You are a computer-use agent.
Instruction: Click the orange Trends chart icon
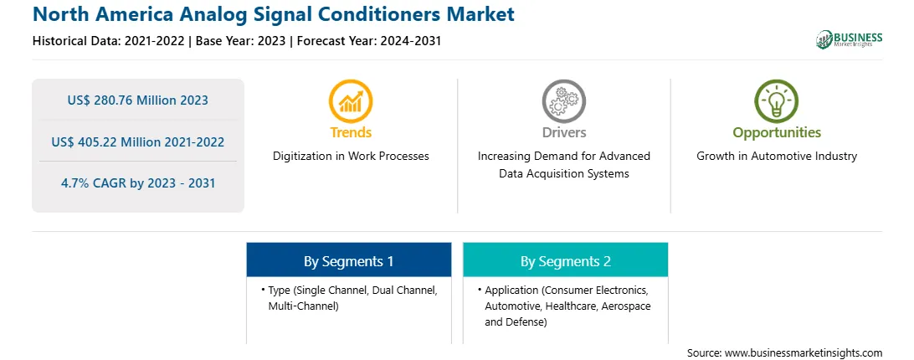coord(351,100)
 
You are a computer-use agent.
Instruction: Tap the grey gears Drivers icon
coord(563,100)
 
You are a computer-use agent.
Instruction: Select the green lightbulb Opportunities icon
coord(777,100)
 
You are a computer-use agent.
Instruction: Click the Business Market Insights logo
coord(850,39)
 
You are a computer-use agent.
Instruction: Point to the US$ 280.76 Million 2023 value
coord(137,100)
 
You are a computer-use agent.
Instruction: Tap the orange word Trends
coord(351,132)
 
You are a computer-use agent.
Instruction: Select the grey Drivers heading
coord(564,132)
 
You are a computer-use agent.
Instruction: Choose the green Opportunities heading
coord(777,132)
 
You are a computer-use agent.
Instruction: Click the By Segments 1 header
coord(348,261)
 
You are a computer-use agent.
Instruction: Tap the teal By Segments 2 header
coord(566,261)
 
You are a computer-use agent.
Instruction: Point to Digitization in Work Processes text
coord(351,157)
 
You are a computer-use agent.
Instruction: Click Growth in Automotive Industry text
coord(777,157)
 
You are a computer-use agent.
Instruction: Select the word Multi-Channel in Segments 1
coord(303,306)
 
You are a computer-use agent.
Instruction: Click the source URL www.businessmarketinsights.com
coord(804,353)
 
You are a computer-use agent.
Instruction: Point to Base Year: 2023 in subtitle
coord(241,41)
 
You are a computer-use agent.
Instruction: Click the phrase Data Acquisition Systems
coord(564,173)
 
